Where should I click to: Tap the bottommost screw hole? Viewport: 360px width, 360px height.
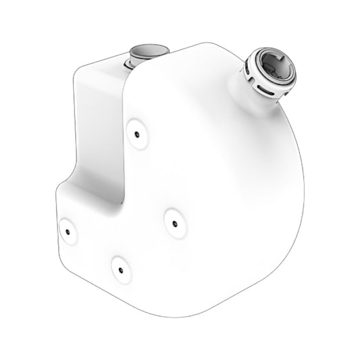119,269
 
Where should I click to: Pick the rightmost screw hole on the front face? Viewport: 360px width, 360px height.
174,223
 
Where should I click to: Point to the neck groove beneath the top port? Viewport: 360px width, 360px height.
133,65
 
